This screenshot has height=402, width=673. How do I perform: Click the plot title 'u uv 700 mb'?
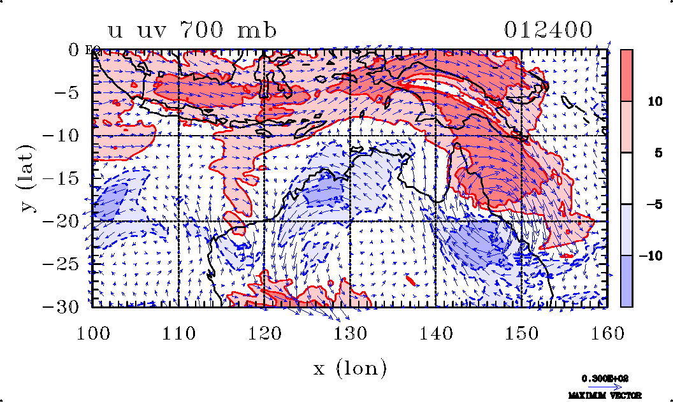192,30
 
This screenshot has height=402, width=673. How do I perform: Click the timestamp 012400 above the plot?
549,30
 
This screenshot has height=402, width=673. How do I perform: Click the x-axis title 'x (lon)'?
350,368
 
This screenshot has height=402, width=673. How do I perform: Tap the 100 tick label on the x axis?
93,332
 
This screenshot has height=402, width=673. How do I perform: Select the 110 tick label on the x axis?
178,332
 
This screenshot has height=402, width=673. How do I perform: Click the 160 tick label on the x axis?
607,332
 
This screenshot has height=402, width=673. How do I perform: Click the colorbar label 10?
653,101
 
